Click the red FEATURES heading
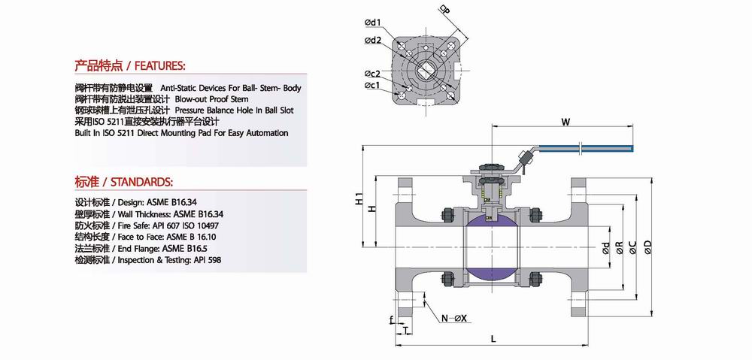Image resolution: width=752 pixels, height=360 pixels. pos(129,65)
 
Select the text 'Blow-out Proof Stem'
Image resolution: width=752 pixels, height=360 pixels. pos(211,99)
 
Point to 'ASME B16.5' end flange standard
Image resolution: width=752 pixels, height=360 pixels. pos(185,249)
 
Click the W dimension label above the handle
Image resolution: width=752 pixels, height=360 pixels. pos(566,122)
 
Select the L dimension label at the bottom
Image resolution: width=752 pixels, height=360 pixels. pos(493,339)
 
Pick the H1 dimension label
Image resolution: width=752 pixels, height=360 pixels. pos(358,199)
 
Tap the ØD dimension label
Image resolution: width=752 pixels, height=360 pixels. pos(648,247)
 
